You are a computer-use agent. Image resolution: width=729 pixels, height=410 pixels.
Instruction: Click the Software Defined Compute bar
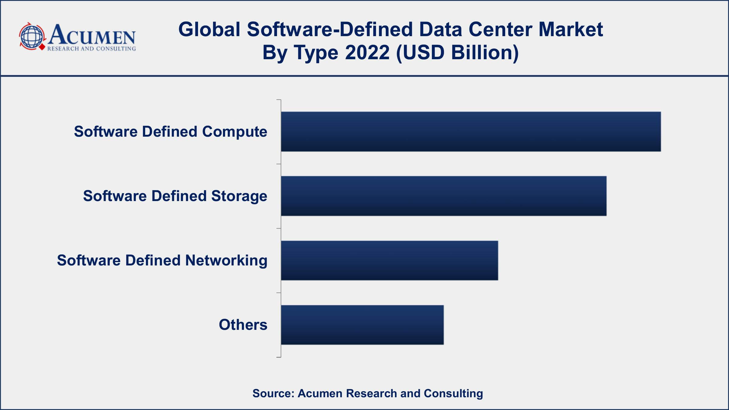click(x=471, y=132)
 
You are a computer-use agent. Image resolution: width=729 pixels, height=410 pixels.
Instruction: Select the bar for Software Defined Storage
click(x=443, y=196)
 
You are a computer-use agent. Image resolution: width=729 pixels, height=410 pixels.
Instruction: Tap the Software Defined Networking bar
click(x=389, y=260)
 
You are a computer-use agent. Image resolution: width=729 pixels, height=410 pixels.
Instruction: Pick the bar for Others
click(x=362, y=325)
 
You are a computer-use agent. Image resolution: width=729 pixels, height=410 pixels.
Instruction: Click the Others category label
click(x=243, y=325)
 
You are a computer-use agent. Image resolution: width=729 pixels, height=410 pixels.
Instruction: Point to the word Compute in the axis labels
click(x=234, y=132)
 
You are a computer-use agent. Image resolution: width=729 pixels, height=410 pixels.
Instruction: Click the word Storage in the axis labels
click(x=239, y=196)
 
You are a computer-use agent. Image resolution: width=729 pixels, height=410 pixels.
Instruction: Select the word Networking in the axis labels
click(x=226, y=260)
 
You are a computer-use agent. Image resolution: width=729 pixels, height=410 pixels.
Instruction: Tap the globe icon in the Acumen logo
click(x=31, y=37)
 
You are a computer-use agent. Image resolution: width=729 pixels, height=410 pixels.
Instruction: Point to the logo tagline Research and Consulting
click(x=91, y=49)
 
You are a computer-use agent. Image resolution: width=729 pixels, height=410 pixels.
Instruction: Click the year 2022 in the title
click(x=367, y=52)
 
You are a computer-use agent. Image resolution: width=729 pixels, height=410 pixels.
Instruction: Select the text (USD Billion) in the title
click(x=457, y=52)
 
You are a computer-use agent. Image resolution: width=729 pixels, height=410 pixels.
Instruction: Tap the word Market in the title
click(x=571, y=29)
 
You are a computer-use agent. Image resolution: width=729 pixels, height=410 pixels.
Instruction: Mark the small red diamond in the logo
click(x=42, y=48)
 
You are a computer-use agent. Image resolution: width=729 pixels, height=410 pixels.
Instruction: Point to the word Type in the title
click(x=316, y=52)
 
